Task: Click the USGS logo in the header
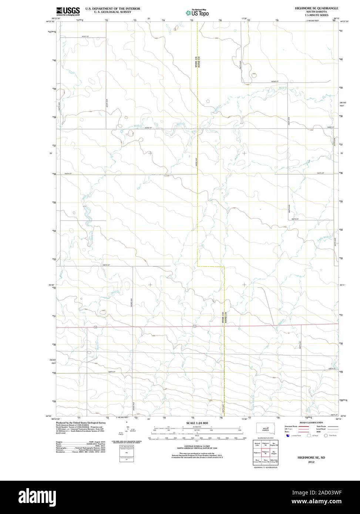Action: (x=68, y=11)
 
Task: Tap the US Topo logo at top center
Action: (x=197, y=13)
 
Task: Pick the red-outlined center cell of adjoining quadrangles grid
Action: (x=265, y=452)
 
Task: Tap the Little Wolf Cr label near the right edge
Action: (x=332, y=234)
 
